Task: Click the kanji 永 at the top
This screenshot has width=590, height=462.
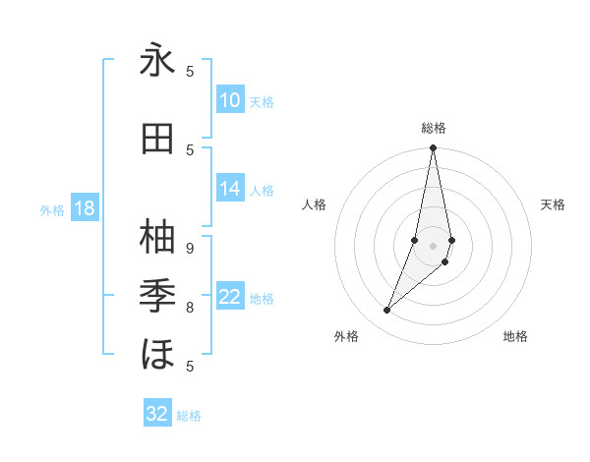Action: pos(157,61)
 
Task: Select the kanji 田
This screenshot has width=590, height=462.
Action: pos(157,141)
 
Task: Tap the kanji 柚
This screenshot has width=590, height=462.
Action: pos(157,236)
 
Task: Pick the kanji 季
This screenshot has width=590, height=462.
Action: pos(157,294)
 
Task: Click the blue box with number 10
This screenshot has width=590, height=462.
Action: pos(230,100)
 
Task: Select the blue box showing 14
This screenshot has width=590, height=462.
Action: pos(230,190)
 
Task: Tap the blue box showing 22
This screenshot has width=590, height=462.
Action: pos(230,298)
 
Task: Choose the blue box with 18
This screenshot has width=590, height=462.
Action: pos(84,208)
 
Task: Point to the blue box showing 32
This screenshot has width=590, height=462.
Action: pos(157,414)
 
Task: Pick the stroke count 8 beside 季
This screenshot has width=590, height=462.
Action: pos(190,308)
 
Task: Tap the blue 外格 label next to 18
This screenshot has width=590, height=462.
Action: pos(52,209)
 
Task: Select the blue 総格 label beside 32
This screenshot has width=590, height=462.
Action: pos(189,416)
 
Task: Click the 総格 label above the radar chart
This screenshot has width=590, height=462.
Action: pos(433,128)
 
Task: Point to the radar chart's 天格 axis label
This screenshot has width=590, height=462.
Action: pos(553,204)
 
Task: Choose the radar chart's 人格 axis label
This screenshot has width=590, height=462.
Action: pos(314,204)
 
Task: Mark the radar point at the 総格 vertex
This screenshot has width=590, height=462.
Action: pos(433,148)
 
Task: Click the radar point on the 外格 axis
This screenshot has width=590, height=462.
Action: pos(386,311)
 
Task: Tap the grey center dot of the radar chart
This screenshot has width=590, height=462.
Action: pos(433,246)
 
